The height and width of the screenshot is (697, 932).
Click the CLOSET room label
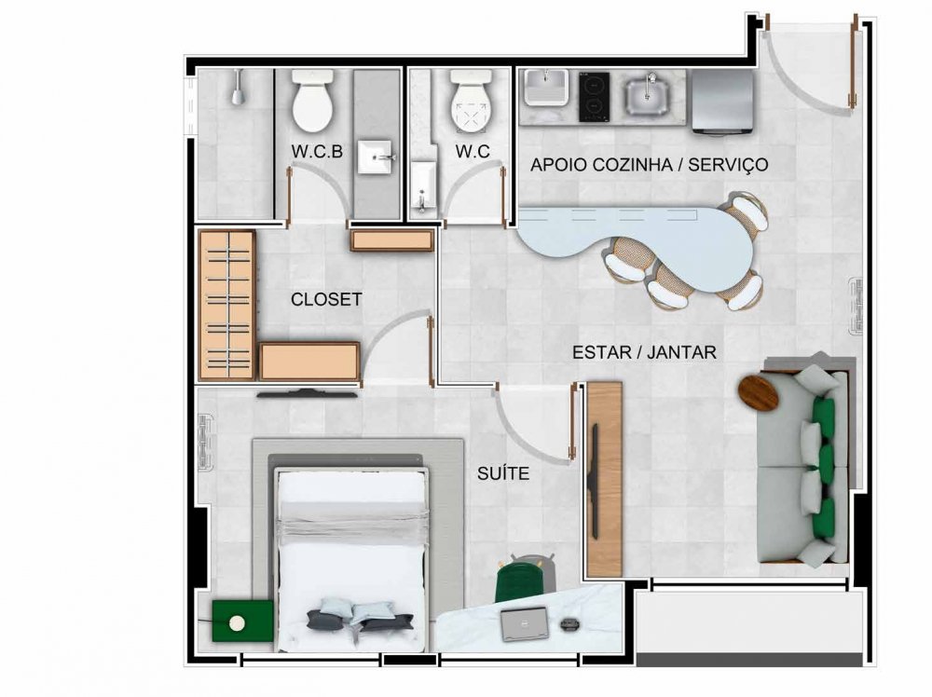(326, 299)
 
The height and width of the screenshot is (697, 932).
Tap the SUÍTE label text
(503, 473)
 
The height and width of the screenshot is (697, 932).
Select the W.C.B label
(317, 152)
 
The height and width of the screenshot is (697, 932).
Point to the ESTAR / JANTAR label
(644, 352)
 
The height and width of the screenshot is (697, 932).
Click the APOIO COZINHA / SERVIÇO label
(649, 165)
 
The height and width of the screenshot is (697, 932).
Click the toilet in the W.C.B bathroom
(312, 100)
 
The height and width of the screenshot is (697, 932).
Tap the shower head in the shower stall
(238, 88)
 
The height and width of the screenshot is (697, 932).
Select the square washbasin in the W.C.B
(375, 157)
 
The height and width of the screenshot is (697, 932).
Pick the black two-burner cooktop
(595, 97)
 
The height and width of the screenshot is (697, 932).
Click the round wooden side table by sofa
(759, 393)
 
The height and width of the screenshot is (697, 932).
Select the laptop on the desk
(524, 624)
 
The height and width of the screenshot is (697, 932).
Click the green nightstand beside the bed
(242, 621)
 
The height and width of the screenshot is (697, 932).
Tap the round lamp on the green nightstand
(237, 622)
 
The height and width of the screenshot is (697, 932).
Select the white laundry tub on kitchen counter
(545, 88)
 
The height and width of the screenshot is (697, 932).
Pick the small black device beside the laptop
(569, 623)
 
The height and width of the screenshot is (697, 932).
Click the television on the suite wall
(308, 393)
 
